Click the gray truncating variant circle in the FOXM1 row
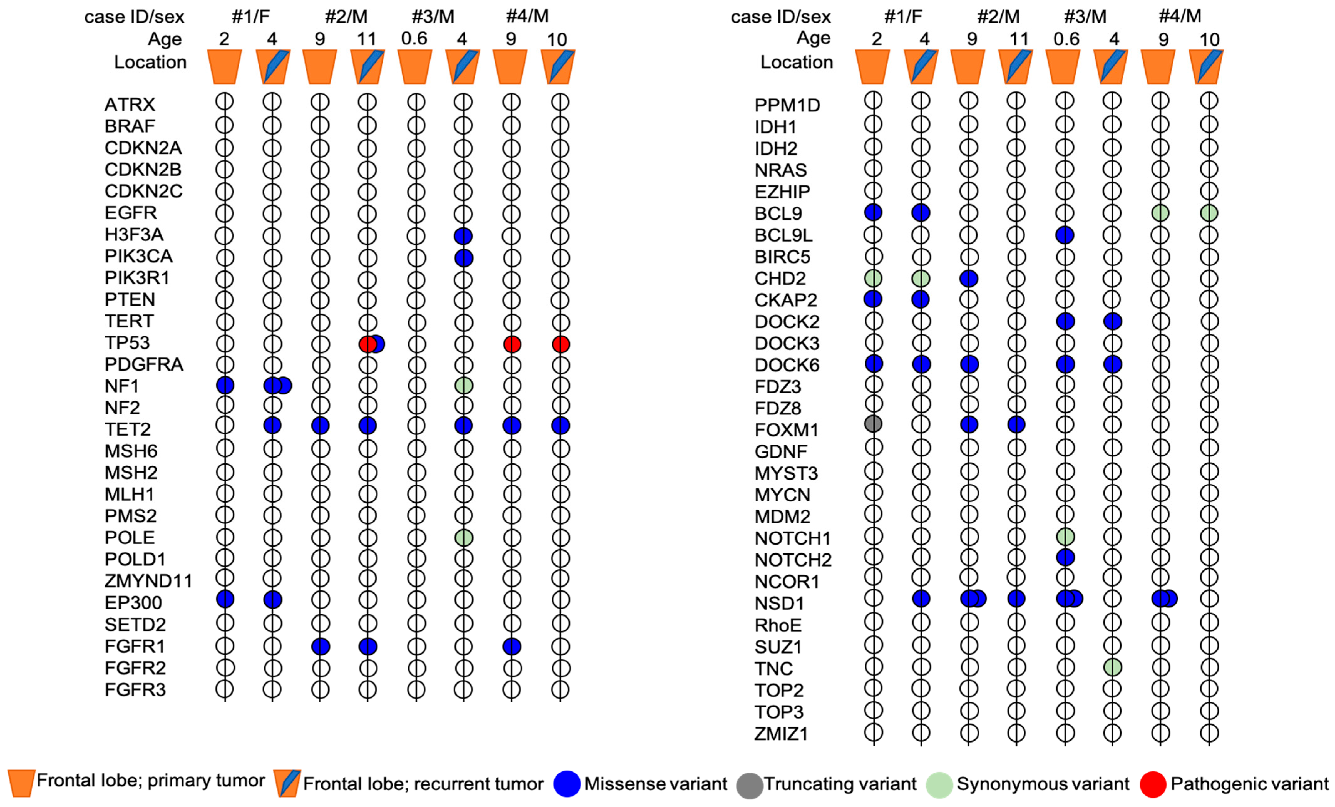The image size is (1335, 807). pyautogui.click(x=873, y=424)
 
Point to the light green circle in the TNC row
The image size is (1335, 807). pyautogui.click(x=1112, y=667)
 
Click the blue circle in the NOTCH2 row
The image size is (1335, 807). pyautogui.click(x=1065, y=557)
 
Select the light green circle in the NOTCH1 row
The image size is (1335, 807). pyautogui.click(x=1065, y=537)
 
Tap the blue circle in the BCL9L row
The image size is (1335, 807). pyautogui.click(x=1065, y=235)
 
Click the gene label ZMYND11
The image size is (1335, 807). pyautogui.click(x=148, y=581)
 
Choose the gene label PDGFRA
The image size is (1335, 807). pyautogui.click(x=144, y=364)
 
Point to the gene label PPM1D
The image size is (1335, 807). pyautogui.click(x=787, y=105)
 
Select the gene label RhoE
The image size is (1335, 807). pyautogui.click(x=778, y=625)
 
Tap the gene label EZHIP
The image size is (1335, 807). pyautogui.click(x=782, y=192)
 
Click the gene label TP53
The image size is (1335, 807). pyautogui.click(x=127, y=342)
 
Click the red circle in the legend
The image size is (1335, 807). pyautogui.click(x=1153, y=784)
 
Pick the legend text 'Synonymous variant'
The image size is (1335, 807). pyautogui.click(x=1043, y=784)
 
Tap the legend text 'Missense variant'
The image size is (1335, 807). pyautogui.click(x=655, y=784)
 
